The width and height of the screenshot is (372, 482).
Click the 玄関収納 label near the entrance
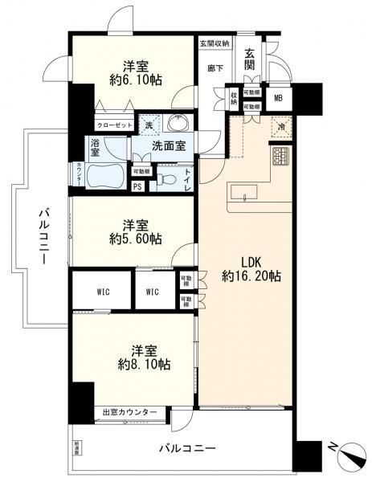[215, 43]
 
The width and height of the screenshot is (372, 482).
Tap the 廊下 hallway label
[215, 69]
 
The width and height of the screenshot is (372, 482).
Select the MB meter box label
[279, 98]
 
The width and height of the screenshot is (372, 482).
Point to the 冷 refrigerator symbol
[282, 125]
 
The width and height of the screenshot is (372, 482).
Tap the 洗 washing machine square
[148, 125]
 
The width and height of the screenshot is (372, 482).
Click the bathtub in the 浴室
[107, 174]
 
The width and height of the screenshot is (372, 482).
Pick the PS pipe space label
[138, 187]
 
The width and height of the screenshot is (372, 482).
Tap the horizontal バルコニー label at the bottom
[186, 447]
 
